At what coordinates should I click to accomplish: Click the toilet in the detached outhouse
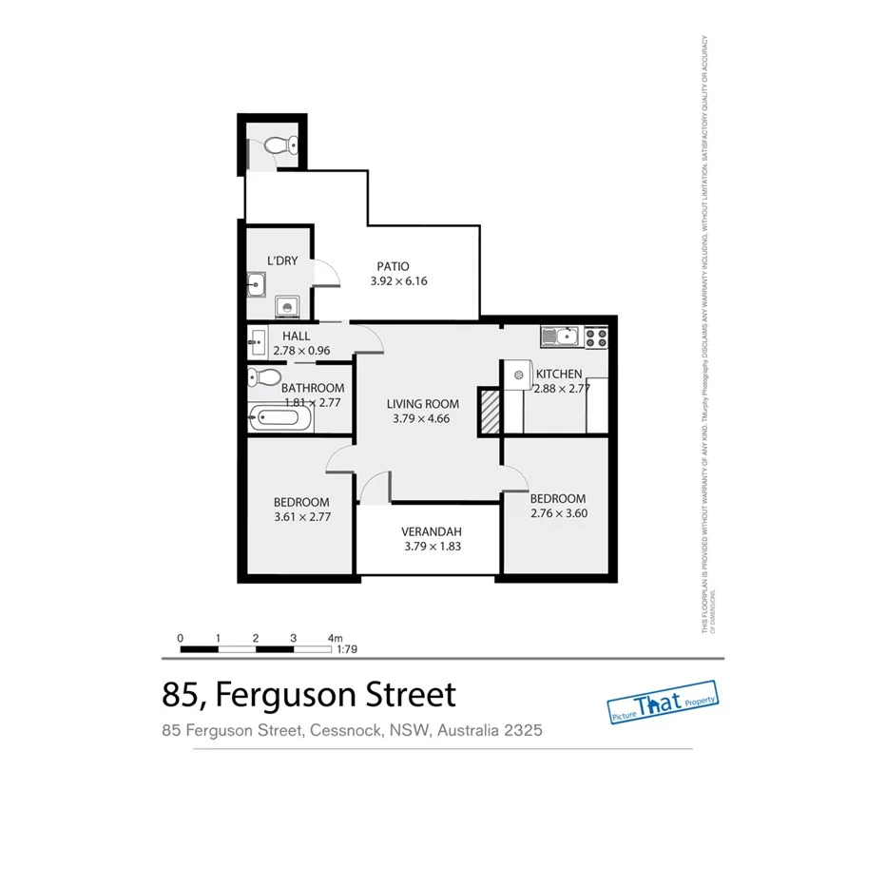(279, 146)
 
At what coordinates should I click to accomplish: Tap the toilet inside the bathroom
(257, 378)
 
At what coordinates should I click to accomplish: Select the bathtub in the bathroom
(279, 418)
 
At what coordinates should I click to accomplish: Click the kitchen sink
(560, 336)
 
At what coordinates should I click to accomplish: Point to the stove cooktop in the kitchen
(596, 336)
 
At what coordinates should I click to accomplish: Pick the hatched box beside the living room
(490, 412)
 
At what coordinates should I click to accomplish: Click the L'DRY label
(282, 260)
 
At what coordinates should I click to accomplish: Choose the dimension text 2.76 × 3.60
(558, 513)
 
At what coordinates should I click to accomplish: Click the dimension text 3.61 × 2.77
(301, 517)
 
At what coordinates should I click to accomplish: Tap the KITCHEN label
(559, 374)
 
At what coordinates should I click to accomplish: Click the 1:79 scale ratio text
(345, 650)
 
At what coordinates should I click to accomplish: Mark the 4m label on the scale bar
(334, 638)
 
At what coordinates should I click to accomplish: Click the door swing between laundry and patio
(327, 273)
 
